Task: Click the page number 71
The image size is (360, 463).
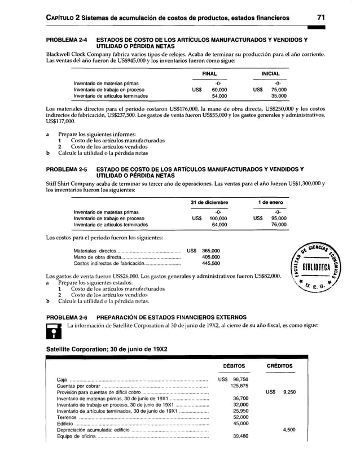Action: pyautogui.click(x=321, y=18)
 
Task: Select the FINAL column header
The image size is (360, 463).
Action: pyautogui.click(x=209, y=73)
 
